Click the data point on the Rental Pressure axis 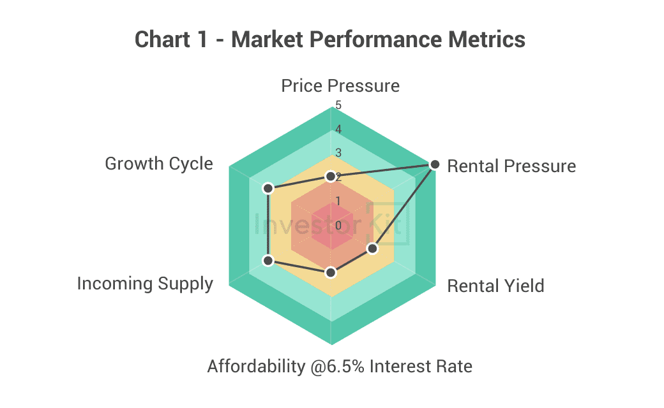click(x=435, y=164)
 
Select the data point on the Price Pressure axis click(x=331, y=177)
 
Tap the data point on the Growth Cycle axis click(x=268, y=188)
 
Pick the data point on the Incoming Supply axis click(x=268, y=261)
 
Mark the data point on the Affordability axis click(x=331, y=273)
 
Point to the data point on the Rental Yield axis click(x=372, y=249)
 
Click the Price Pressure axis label click(x=340, y=86)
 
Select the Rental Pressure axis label click(x=511, y=166)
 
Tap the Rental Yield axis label click(x=496, y=286)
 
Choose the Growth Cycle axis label click(x=159, y=164)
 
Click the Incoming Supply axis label click(x=145, y=284)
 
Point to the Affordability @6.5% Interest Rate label click(x=340, y=367)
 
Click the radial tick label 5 click(x=338, y=105)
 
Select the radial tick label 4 click(x=338, y=129)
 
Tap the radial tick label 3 click(x=338, y=153)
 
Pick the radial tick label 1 click(x=338, y=201)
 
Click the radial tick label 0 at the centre click(x=338, y=226)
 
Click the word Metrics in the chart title click(x=487, y=40)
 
